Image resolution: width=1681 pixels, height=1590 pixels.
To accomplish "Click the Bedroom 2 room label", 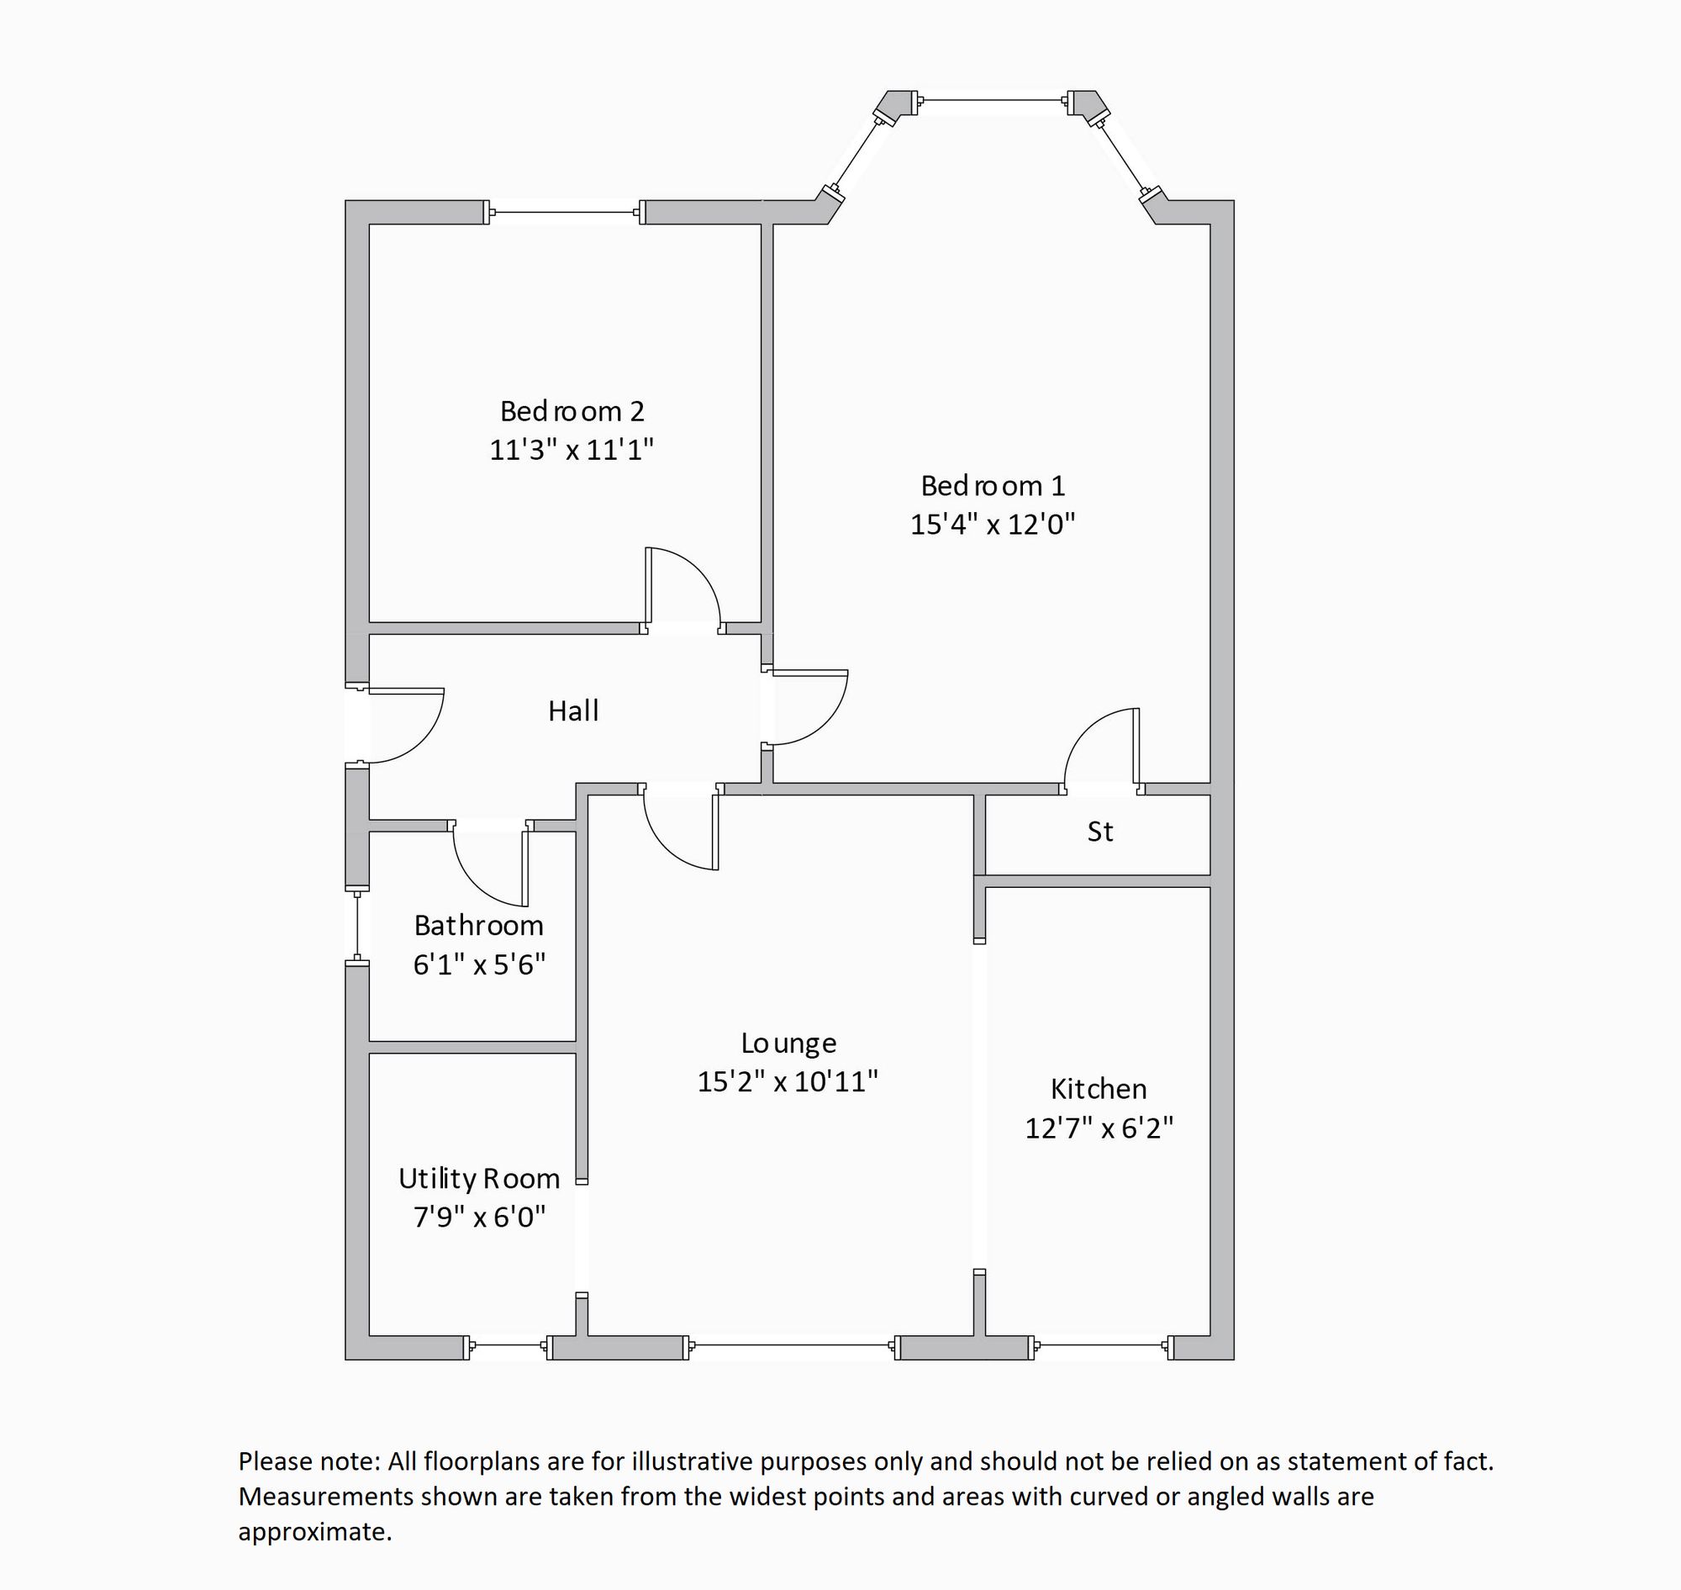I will [x=572, y=412].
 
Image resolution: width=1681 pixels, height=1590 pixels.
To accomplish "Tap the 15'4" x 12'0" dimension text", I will [x=992, y=525].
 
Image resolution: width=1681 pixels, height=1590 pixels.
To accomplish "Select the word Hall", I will [x=572, y=711].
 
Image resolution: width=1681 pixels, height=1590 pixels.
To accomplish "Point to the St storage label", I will [x=1099, y=832].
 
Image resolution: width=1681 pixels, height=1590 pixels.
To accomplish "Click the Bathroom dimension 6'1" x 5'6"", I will [x=479, y=964].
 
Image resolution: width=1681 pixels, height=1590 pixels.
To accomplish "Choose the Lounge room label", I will [x=788, y=1043].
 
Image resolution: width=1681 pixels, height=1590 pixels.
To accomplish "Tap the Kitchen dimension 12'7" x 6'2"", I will [x=1099, y=1128].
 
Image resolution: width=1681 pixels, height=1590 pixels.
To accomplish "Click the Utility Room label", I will [x=479, y=1179].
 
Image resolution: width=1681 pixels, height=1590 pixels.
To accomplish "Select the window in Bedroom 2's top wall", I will [x=564, y=212].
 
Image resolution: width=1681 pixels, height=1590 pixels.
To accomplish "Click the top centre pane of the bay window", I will [x=992, y=101].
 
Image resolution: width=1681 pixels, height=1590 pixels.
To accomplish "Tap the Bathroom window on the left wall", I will [x=357, y=926].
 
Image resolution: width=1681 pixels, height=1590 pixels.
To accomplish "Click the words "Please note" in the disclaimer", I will [x=308, y=1461].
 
